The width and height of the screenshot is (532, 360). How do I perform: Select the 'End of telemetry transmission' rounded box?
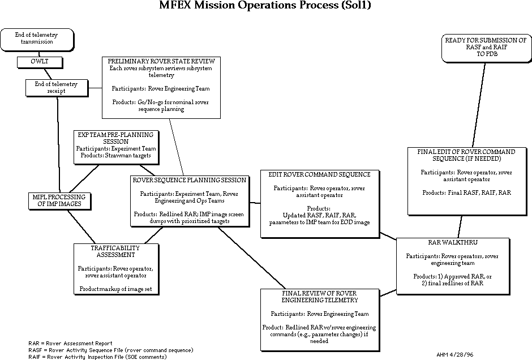(x=36, y=38)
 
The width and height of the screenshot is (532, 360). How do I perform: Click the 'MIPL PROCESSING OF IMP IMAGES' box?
(x=59, y=200)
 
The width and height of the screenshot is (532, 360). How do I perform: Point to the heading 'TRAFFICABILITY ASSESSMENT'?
(x=115, y=251)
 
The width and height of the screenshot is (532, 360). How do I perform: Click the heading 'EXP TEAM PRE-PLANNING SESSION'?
(x=115, y=138)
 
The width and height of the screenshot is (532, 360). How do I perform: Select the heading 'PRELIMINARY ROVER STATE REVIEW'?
(x=161, y=61)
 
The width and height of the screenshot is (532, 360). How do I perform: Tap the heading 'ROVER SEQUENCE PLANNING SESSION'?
(x=190, y=181)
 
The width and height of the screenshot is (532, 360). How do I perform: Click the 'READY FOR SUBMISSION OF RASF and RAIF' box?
(x=486, y=48)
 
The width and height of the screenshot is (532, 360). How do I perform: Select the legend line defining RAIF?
(x=97, y=357)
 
